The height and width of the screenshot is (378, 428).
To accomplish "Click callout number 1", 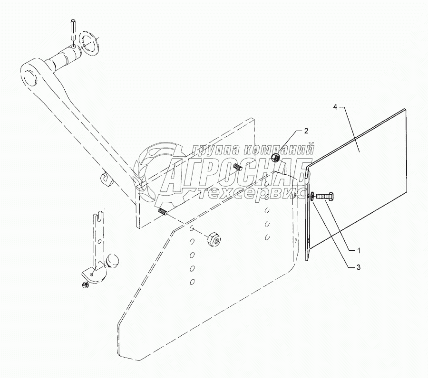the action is tap(352, 250).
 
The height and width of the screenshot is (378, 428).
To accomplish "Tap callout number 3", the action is tap(352, 268).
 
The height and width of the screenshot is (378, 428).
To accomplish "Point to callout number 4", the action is tap(335, 108).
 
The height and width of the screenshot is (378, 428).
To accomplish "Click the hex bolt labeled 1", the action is tap(324, 195).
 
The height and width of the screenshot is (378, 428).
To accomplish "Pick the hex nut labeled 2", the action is tap(274, 157).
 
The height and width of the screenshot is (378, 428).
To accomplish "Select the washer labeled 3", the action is tap(311, 196).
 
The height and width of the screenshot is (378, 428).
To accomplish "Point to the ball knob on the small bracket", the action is tap(113, 261).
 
